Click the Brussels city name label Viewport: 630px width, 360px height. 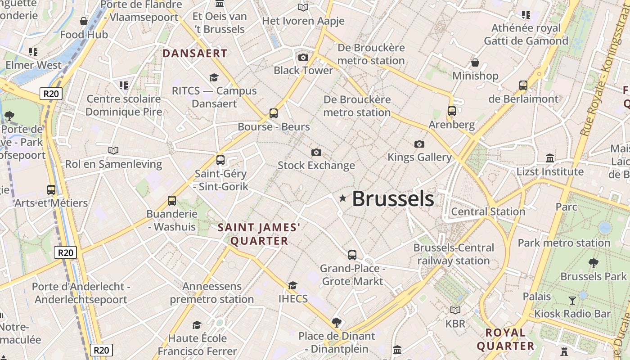coord(393,198)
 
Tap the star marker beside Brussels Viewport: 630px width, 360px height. coord(343,198)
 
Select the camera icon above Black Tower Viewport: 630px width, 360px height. coord(303,57)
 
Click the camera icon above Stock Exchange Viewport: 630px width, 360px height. coord(316,153)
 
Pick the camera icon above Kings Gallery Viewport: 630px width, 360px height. coord(419,144)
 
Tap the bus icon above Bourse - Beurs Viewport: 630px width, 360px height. coord(274,113)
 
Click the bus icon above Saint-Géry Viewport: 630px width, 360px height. coord(220,160)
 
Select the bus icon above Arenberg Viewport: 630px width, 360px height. coord(452,111)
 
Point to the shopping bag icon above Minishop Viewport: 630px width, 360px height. coord(475,63)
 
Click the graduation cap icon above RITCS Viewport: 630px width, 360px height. coord(214,78)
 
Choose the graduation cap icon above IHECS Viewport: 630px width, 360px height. coord(293,285)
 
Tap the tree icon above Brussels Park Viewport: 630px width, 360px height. coord(594,263)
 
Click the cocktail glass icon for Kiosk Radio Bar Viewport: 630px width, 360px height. coord(572,301)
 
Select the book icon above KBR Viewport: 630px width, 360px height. coord(455,310)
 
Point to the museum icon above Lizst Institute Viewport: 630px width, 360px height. coord(550,158)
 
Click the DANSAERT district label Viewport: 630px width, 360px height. coord(195,54)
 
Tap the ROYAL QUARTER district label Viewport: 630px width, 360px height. coord(506,339)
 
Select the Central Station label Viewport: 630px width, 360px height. coord(488,211)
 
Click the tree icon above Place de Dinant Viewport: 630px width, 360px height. coord(337,322)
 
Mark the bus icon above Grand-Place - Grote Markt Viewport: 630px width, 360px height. coord(352,255)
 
